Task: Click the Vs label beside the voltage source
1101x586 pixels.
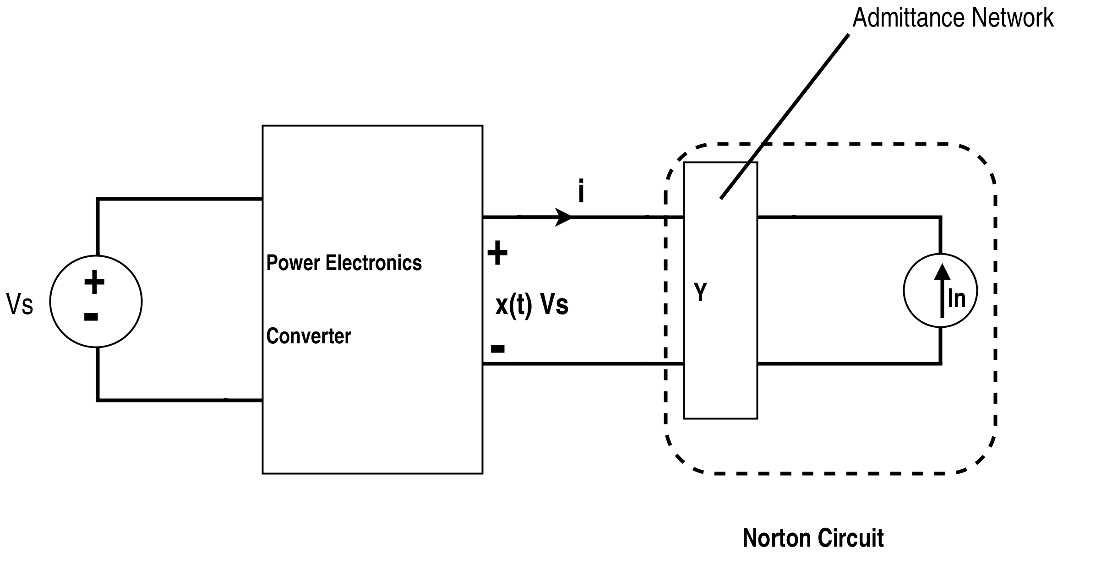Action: click(x=20, y=304)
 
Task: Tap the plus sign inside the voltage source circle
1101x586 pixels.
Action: click(x=94, y=282)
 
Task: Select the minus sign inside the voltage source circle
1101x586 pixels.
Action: click(x=91, y=317)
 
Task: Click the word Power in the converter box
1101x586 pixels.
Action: click(x=293, y=263)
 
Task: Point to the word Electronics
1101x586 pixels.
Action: click(x=373, y=263)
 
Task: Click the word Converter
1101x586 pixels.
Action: click(x=308, y=336)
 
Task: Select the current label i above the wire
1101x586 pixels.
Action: click(x=581, y=191)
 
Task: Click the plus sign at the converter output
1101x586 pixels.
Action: click(x=497, y=253)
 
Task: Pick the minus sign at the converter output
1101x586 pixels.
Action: click(x=497, y=349)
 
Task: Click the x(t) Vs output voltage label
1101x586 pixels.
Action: click(x=532, y=304)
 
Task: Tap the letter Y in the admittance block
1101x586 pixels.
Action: click(x=700, y=292)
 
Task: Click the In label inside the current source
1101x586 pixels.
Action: click(x=956, y=298)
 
